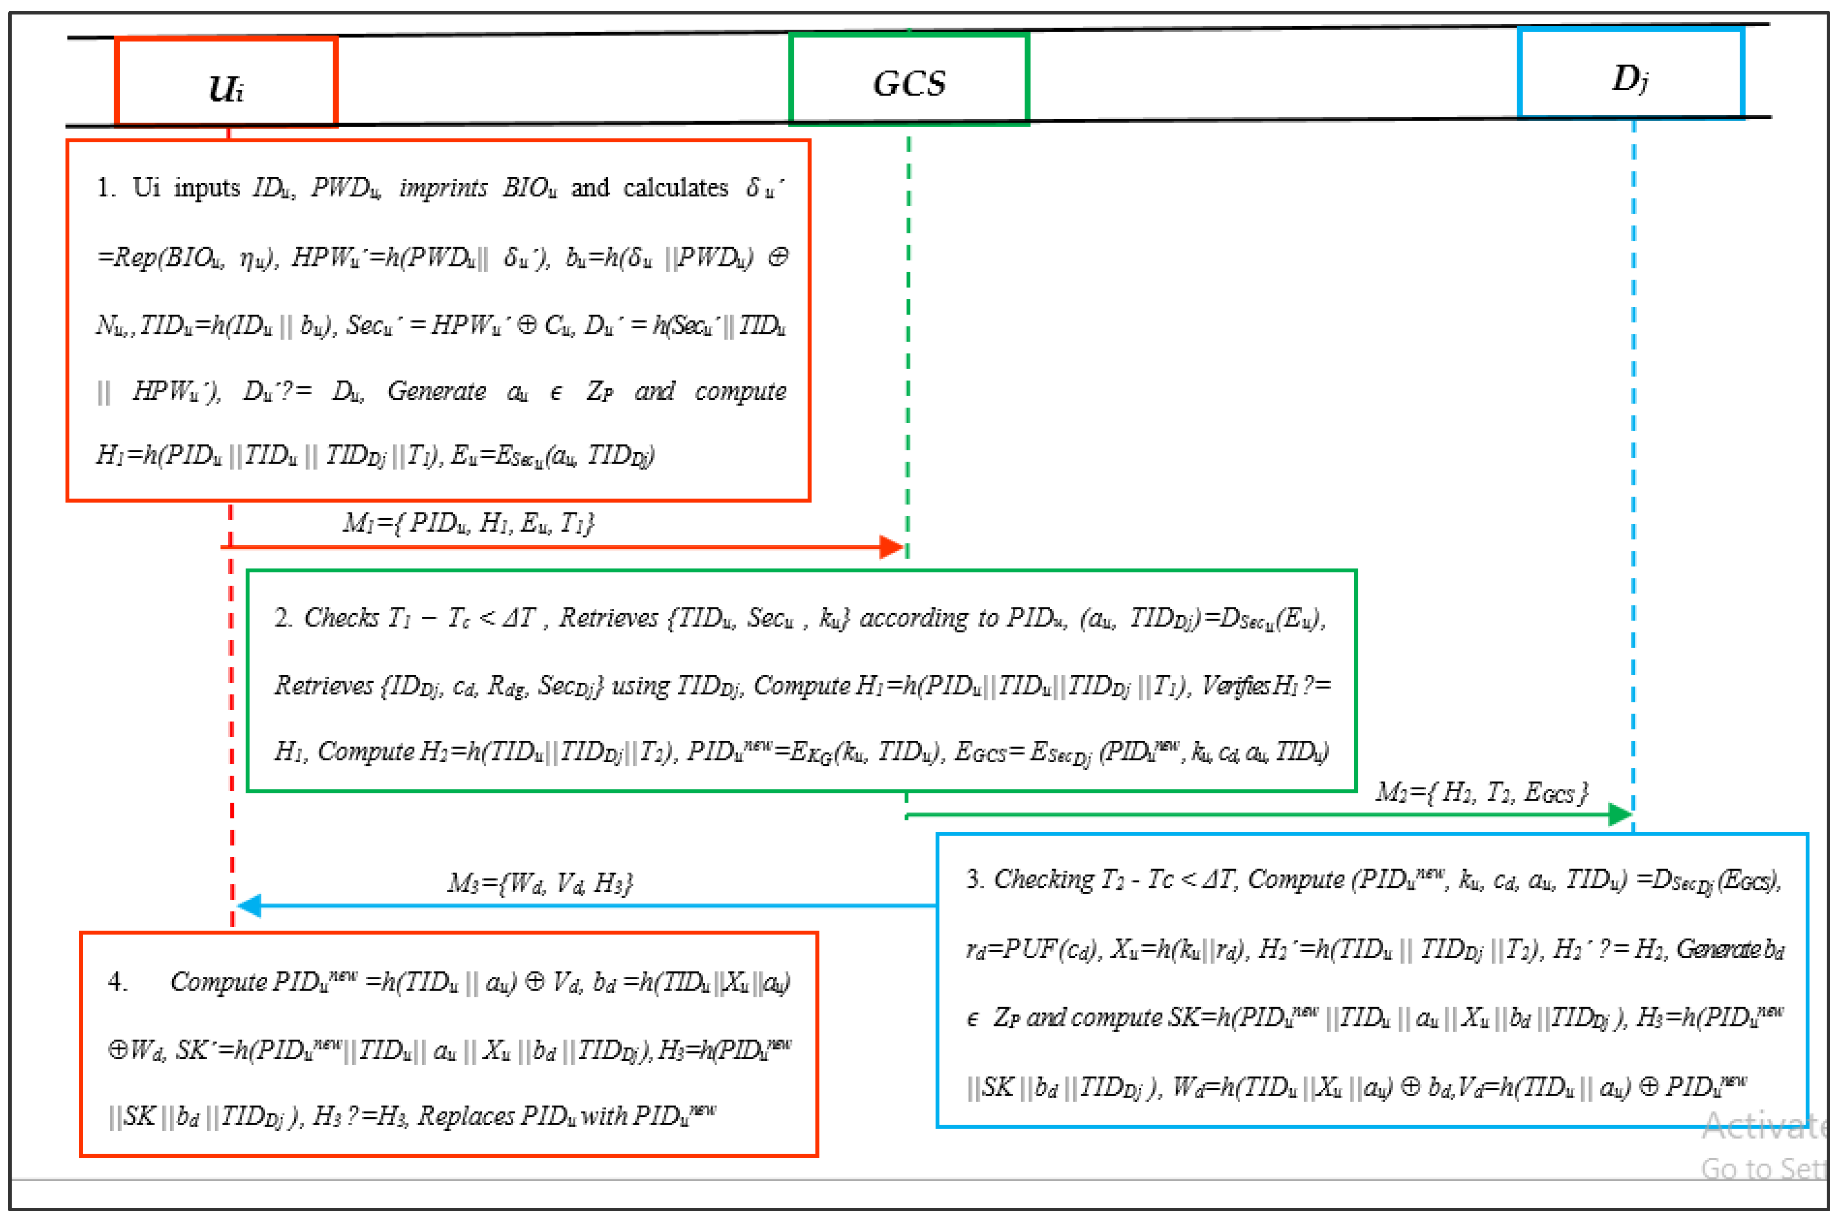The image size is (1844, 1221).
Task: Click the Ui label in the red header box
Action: point(226,87)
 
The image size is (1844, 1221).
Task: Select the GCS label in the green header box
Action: point(909,83)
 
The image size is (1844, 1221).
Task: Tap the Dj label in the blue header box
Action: point(1629,79)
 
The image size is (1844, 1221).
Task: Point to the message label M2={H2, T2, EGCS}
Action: point(1481,793)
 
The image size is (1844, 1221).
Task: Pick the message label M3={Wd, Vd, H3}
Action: point(540,883)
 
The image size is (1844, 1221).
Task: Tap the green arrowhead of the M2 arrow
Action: point(1620,815)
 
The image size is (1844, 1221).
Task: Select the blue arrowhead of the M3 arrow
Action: point(249,906)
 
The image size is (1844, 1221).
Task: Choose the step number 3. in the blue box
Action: point(974,879)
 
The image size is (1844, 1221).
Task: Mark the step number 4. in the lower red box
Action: point(117,982)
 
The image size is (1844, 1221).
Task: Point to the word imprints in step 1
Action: point(443,188)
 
